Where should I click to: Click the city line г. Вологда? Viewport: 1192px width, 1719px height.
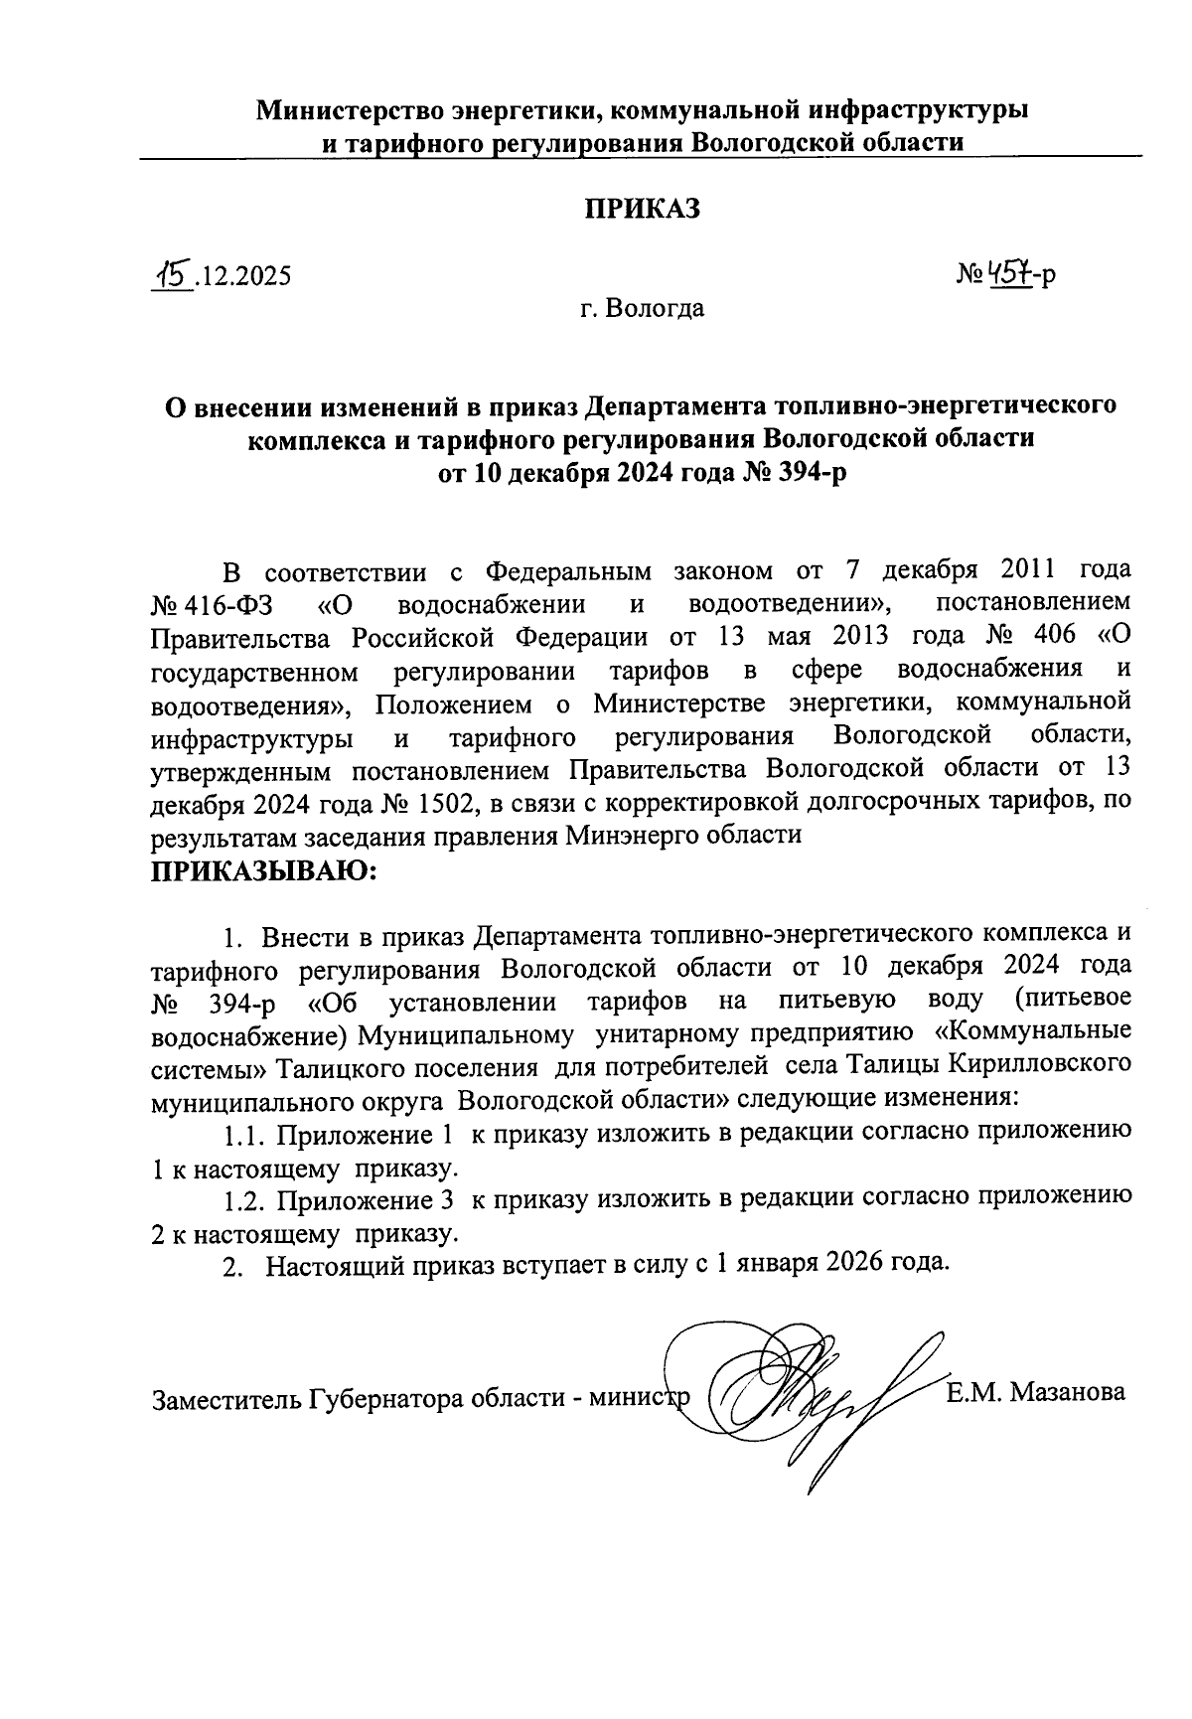tap(643, 309)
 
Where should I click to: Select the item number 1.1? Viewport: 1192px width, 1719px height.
tap(243, 1134)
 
